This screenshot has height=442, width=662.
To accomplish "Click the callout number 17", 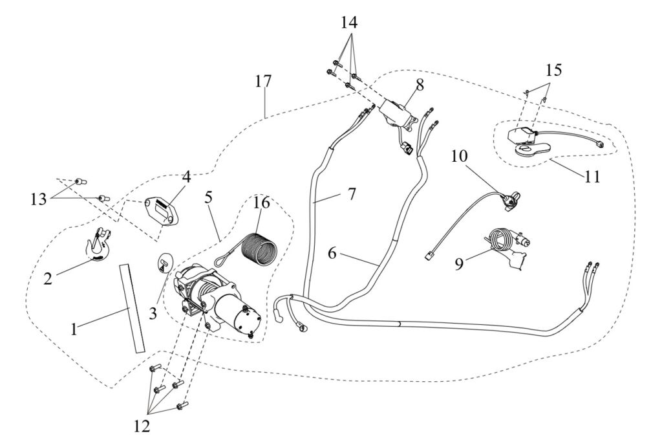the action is (263, 81).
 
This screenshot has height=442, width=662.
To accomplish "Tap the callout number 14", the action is (349, 23).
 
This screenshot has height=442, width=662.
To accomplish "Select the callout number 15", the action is (553, 70).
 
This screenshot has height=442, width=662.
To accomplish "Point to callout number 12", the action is (142, 426).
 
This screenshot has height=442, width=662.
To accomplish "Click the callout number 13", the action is (38, 199).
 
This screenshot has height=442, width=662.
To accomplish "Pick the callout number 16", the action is (261, 203).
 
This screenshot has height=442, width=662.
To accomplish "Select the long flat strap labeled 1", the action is (132, 307).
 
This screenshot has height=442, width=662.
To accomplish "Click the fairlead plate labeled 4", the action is (160, 210).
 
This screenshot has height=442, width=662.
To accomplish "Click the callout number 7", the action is (351, 194).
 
